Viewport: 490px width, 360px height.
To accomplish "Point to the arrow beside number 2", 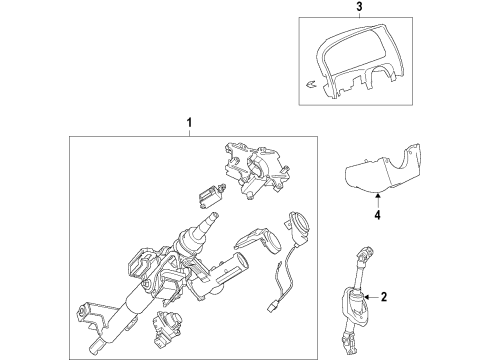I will (x=369, y=297).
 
